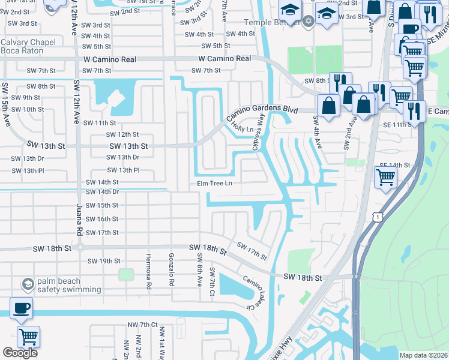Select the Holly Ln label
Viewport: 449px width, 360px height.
click(241, 128)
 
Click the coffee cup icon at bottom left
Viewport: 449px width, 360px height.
click(22, 308)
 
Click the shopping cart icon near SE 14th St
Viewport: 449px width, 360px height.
click(385, 176)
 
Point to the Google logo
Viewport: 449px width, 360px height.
click(19, 353)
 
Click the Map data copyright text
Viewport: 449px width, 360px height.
click(423, 355)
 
